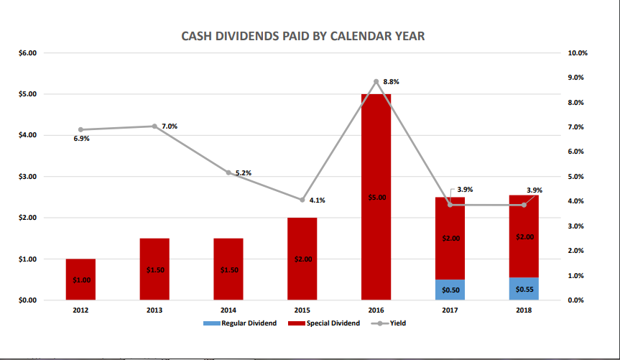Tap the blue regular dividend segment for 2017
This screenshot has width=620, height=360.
pyautogui.click(x=450, y=290)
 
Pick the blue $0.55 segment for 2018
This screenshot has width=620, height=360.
pyautogui.click(x=524, y=288)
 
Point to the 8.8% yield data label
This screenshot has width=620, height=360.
pyautogui.click(x=391, y=82)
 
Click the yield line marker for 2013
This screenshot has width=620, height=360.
pyautogui.click(x=154, y=126)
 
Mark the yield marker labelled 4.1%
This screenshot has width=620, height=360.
pyautogui.click(x=302, y=200)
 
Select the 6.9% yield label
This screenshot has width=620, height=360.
pyautogui.click(x=81, y=138)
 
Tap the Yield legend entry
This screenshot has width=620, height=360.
pyautogui.click(x=391, y=324)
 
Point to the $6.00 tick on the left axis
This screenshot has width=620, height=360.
pyautogui.click(x=27, y=53)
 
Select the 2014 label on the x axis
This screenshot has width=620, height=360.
pyautogui.click(x=228, y=310)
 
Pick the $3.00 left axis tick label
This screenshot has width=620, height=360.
pyautogui.click(x=27, y=177)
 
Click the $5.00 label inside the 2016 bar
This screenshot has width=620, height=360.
pyautogui.click(x=376, y=197)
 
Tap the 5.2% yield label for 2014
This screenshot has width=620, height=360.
pyautogui.click(x=243, y=173)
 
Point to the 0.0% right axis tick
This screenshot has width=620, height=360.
pyautogui.click(x=578, y=300)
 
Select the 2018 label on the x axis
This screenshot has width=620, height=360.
pyautogui.click(x=524, y=310)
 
